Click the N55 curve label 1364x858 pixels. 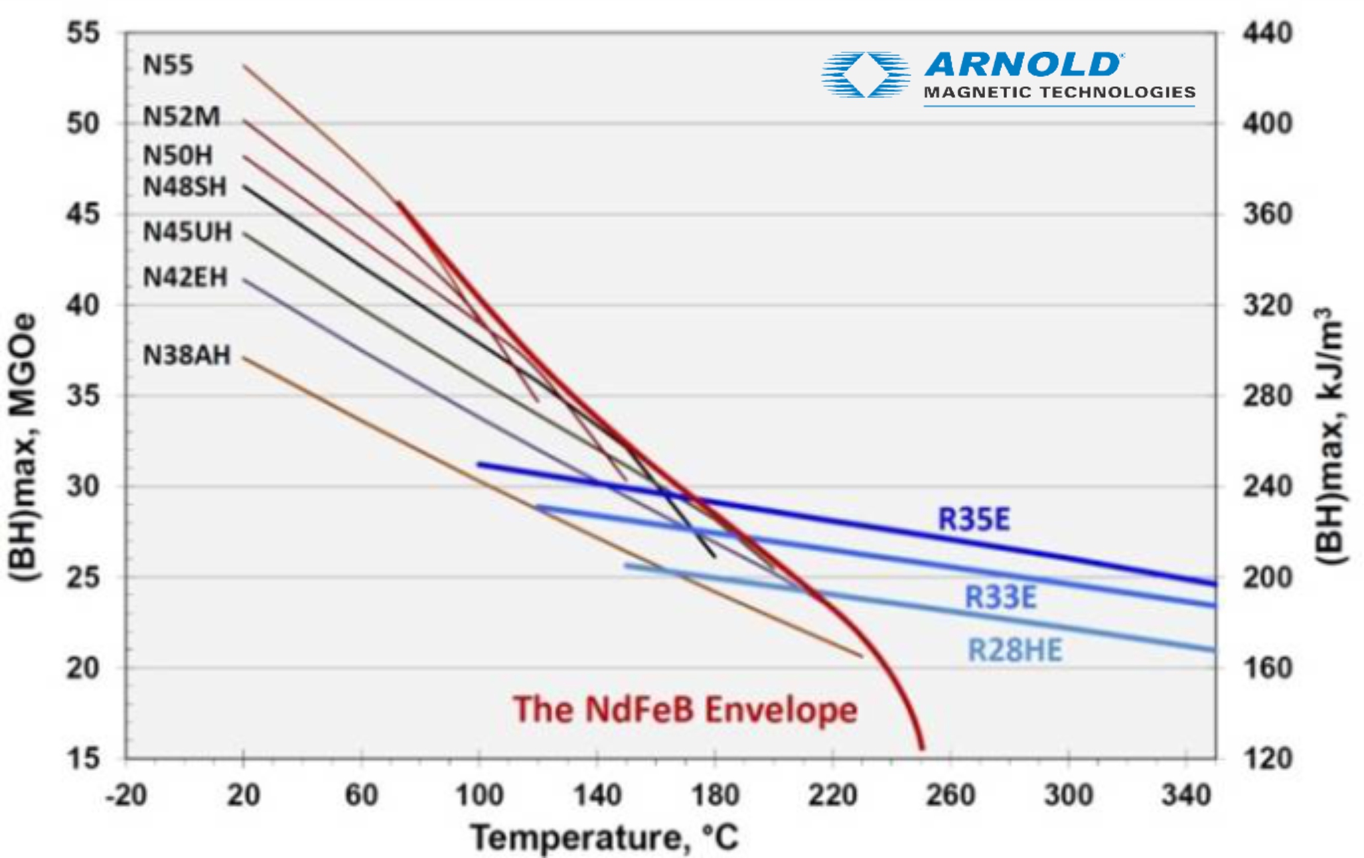click(x=167, y=65)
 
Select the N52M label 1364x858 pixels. click(x=181, y=117)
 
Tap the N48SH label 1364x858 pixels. click(x=185, y=187)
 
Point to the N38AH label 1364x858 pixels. click(x=187, y=356)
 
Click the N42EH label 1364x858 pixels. click(x=185, y=277)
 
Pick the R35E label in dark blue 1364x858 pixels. click(x=973, y=519)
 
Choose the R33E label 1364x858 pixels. click(x=1000, y=597)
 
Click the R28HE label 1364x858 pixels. click(x=1014, y=650)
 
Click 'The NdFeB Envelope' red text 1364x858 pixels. click(x=685, y=709)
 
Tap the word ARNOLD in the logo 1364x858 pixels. click(x=1023, y=65)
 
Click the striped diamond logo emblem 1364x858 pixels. click(x=866, y=74)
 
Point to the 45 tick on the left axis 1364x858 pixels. click(x=83, y=214)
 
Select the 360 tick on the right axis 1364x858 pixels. click(x=1268, y=214)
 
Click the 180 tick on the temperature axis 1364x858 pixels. click(x=715, y=794)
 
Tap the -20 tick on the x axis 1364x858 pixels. click(x=126, y=794)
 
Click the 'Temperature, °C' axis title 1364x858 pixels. click(x=604, y=837)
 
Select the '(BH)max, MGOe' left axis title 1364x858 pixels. click(x=23, y=448)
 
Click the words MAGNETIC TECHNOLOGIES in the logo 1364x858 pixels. click(x=1059, y=92)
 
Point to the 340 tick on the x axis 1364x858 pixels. click(x=1186, y=794)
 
